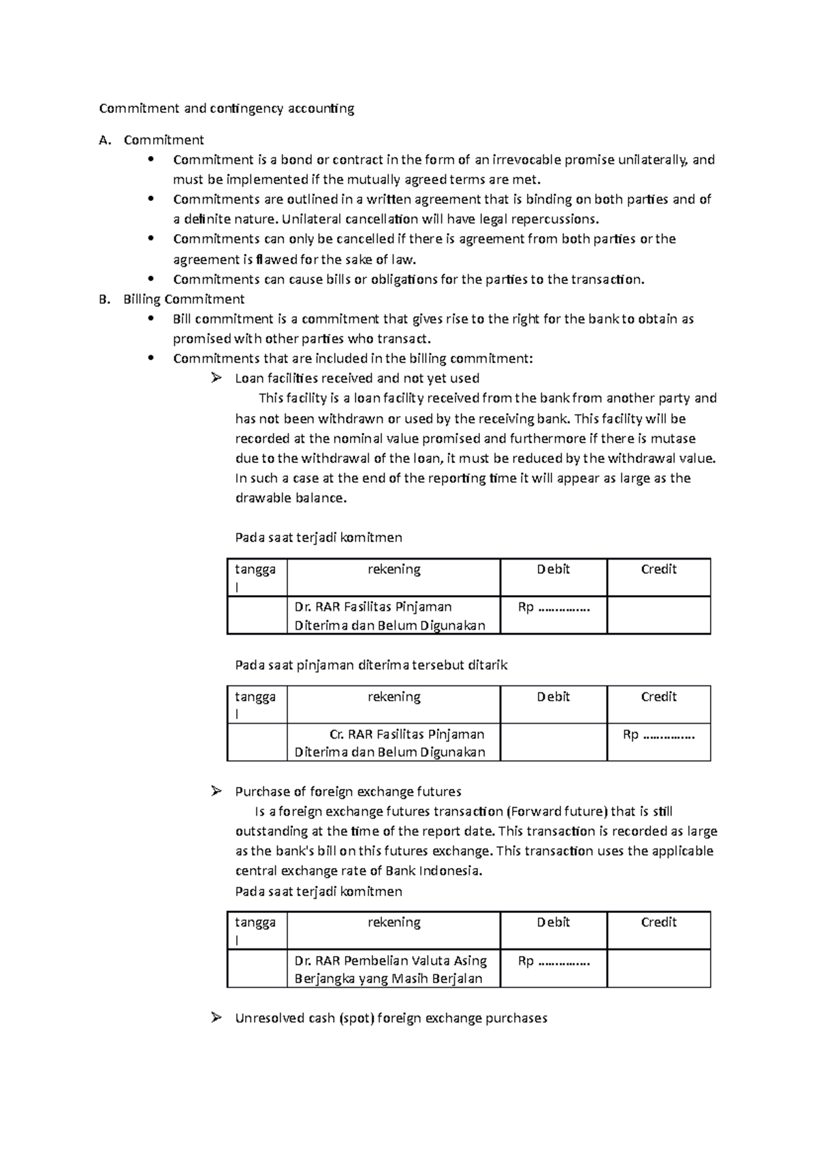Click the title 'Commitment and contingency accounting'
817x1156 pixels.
pyautogui.click(x=227, y=108)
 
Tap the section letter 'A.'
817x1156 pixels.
pyautogui.click(x=104, y=140)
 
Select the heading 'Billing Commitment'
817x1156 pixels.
pyautogui.click(x=184, y=299)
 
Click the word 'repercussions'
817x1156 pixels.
pyautogui.click(x=556, y=219)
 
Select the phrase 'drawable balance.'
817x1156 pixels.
pyautogui.click(x=291, y=498)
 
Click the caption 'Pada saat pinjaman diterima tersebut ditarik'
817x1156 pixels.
pyautogui.click(x=371, y=665)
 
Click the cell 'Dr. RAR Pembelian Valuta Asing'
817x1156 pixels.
pyautogui.click(x=391, y=969)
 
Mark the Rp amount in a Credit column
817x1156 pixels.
pyautogui.click(x=658, y=735)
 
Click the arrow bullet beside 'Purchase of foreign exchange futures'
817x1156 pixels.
pyautogui.click(x=217, y=790)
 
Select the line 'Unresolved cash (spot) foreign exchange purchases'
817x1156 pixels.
pyautogui.click(x=391, y=1018)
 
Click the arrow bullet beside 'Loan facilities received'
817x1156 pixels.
pyautogui.click(x=217, y=378)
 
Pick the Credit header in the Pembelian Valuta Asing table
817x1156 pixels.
pyautogui.click(x=658, y=922)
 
